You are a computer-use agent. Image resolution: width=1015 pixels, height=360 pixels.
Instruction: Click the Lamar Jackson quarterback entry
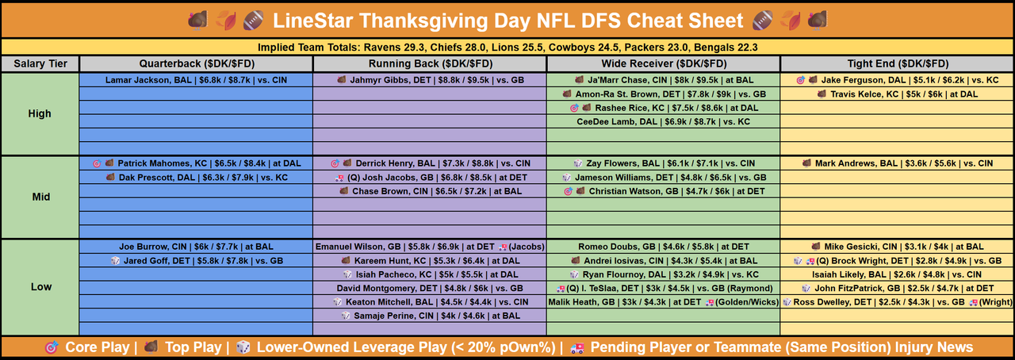[x=196, y=80]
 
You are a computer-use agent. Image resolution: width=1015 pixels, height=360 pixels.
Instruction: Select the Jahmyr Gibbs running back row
[x=429, y=80]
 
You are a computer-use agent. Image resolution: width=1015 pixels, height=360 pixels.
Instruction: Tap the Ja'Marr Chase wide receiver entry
[x=663, y=80]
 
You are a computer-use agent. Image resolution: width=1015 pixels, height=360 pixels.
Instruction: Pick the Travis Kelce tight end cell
[x=898, y=94]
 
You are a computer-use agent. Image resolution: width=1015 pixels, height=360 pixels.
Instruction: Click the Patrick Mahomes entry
[x=196, y=163]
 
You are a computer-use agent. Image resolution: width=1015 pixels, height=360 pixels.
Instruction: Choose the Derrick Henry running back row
[x=429, y=163]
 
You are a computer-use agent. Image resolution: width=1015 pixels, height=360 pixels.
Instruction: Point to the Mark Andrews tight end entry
[x=898, y=163]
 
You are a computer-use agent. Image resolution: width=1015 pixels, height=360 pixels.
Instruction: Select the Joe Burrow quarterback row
[x=196, y=247]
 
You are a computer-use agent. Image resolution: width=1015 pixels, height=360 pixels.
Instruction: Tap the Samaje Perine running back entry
[x=429, y=316]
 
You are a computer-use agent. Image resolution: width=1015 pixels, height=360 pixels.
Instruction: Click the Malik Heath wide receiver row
[x=663, y=302]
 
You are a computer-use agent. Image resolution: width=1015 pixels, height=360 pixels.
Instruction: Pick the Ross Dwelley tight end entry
[x=898, y=302]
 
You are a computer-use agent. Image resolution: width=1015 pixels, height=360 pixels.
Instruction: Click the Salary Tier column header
[x=40, y=63]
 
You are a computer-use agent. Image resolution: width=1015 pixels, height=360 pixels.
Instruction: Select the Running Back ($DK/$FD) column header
[x=429, y=63]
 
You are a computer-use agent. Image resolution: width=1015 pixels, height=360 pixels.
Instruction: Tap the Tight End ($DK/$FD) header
[x=898, y=63]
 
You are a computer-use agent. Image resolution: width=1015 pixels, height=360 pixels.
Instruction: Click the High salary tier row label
[x=40, y=114]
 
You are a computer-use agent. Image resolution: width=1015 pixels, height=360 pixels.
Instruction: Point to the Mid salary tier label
[x=40, y=197]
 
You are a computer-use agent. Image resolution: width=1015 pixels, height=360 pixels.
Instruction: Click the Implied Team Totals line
[x=507, y=47]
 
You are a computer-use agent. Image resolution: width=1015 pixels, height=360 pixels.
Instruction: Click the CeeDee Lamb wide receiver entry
[x=663, y=122]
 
